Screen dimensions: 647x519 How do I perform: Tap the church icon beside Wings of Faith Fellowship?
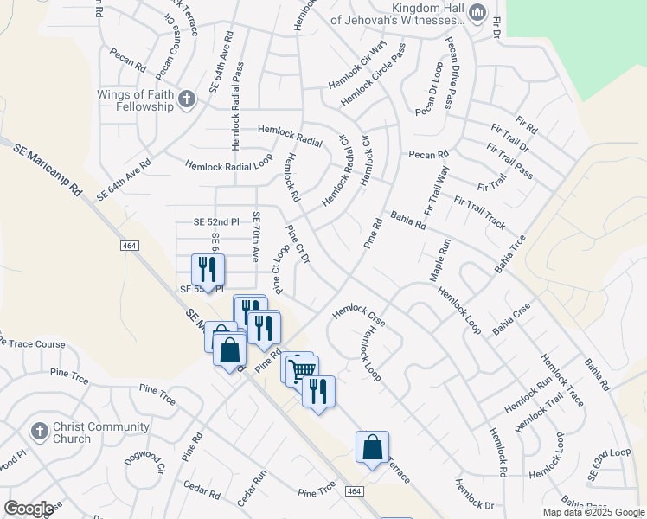tap(187, 101)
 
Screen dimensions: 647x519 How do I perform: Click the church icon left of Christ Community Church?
tap(39, 431)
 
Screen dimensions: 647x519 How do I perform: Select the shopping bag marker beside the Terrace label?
tap(372, 447)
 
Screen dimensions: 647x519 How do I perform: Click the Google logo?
tap(29, 509)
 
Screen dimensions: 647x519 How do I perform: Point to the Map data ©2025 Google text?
tap(593, 512)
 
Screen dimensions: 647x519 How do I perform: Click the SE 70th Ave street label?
tap(255, 237)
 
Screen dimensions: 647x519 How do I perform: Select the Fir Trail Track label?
tap(479, 213)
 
